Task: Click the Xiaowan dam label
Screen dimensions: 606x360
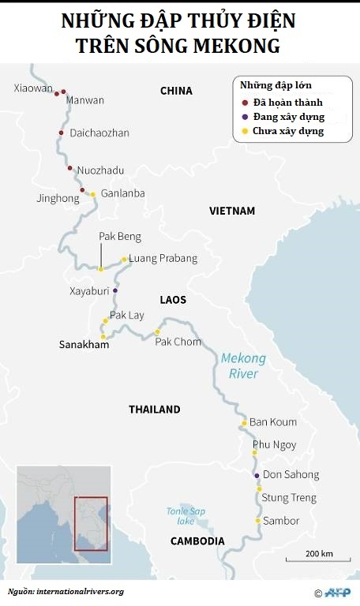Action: [x=31, y=88]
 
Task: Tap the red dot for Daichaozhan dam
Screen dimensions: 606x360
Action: [x=61, y=133]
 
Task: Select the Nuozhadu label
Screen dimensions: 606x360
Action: [x=100, y=170]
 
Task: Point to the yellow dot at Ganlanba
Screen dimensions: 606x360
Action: [x=92, y=194]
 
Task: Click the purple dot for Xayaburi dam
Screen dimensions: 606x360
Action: [x=115, y=290]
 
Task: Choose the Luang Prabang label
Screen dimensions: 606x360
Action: [x=163, y=259]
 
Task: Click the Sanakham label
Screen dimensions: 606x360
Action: [x=84, y=345]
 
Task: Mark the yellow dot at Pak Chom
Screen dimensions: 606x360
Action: [x=157, y=331]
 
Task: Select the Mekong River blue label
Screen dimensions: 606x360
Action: [x=243, y=365]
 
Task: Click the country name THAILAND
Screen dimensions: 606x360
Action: [x=155, y=410]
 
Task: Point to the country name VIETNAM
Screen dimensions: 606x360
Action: [x=232, y=211]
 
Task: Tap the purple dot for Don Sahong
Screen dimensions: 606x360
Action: [x=257, y=475]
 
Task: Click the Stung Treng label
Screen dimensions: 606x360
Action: [x=289, y=498]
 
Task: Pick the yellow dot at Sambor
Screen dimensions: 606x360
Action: [x=257, y=521]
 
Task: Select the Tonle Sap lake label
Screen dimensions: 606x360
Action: [x=186, y=515]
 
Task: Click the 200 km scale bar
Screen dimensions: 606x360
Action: [x=317, y=559]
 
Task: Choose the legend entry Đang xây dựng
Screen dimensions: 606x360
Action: [x=287, y=117]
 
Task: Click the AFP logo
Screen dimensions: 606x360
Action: [x=336, y=592]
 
